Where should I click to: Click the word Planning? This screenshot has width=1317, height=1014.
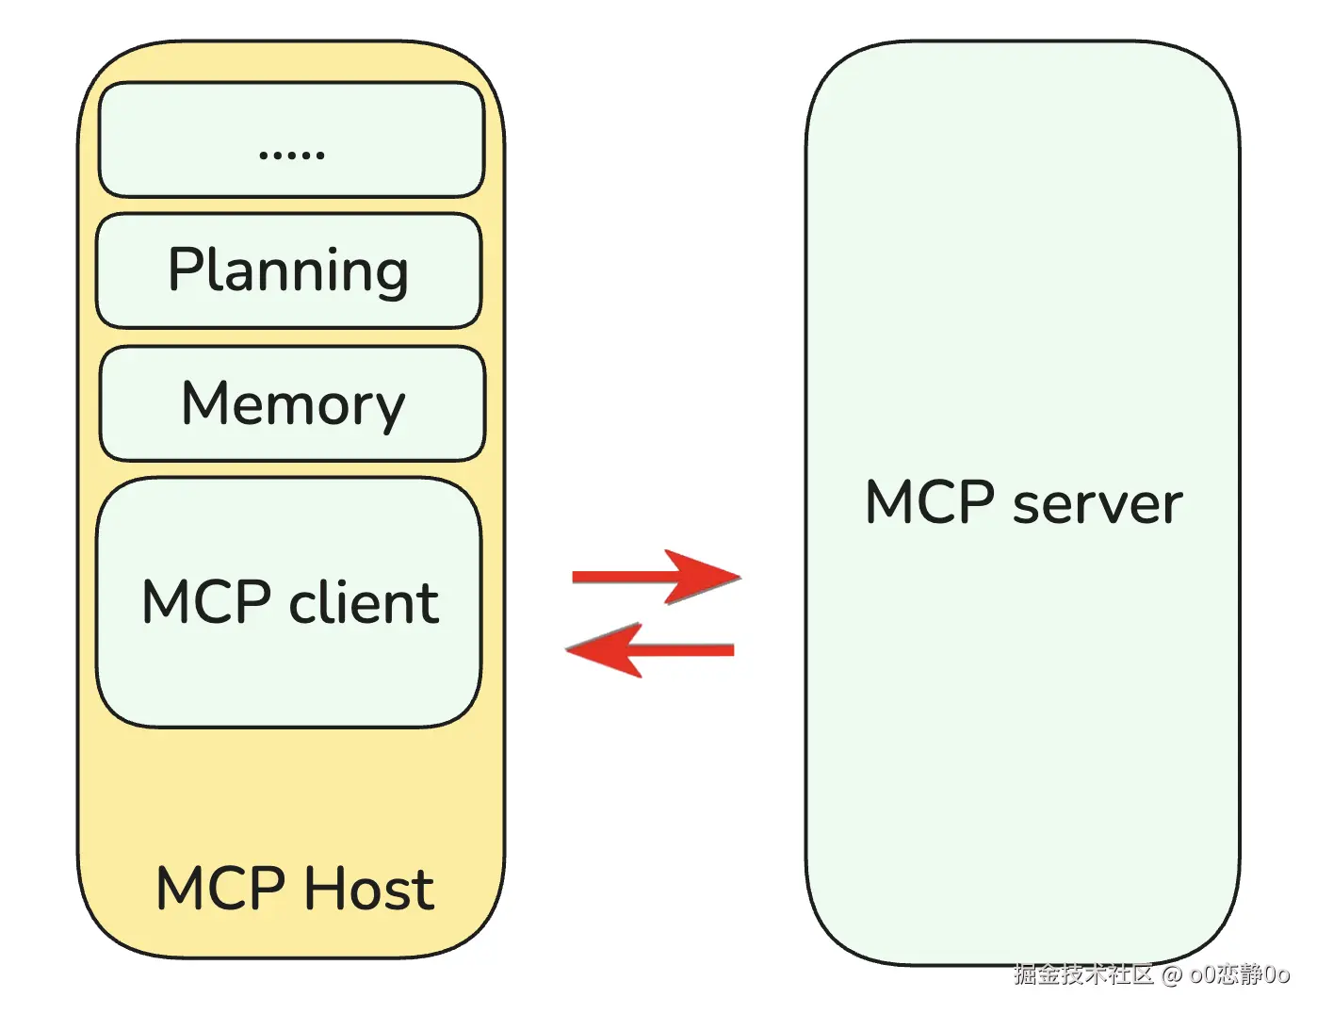[288, 270]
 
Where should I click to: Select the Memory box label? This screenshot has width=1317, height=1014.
[293, 403]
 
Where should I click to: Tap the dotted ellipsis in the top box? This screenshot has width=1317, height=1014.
[292, 154]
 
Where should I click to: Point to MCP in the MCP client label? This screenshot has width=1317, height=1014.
[207, 602]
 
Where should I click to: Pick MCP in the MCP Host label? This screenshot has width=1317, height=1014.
[220, 889]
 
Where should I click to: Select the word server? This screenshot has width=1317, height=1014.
[1097, 503]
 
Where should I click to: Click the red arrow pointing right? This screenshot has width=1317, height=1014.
[656, 576]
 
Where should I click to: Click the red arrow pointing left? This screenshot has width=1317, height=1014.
[650, 649]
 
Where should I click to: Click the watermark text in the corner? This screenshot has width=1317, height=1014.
[1151, 973]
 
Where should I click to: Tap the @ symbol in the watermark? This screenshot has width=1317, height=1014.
[1171, 974]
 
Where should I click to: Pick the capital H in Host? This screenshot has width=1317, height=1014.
[326, 889]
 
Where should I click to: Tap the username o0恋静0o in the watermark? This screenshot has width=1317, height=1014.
[1240, 973]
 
